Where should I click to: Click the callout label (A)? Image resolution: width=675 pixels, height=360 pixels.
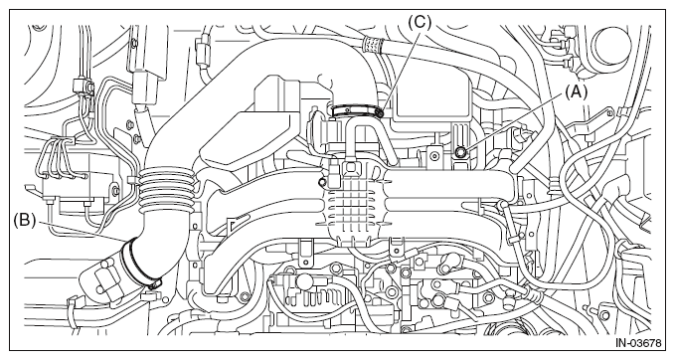[x=576, y=91]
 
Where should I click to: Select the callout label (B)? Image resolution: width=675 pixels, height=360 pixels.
[x=24, y=221]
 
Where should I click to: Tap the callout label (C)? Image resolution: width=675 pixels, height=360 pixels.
[x=420, y=22]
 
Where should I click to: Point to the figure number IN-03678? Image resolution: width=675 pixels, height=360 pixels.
[x=638, y=343]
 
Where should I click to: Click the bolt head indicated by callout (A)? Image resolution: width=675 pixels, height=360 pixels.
[x=460, y=151]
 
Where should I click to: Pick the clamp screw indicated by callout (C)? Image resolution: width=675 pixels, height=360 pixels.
[x=380, y=112]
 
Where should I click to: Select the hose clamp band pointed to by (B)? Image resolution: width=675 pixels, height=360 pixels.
[x=138, y=264]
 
